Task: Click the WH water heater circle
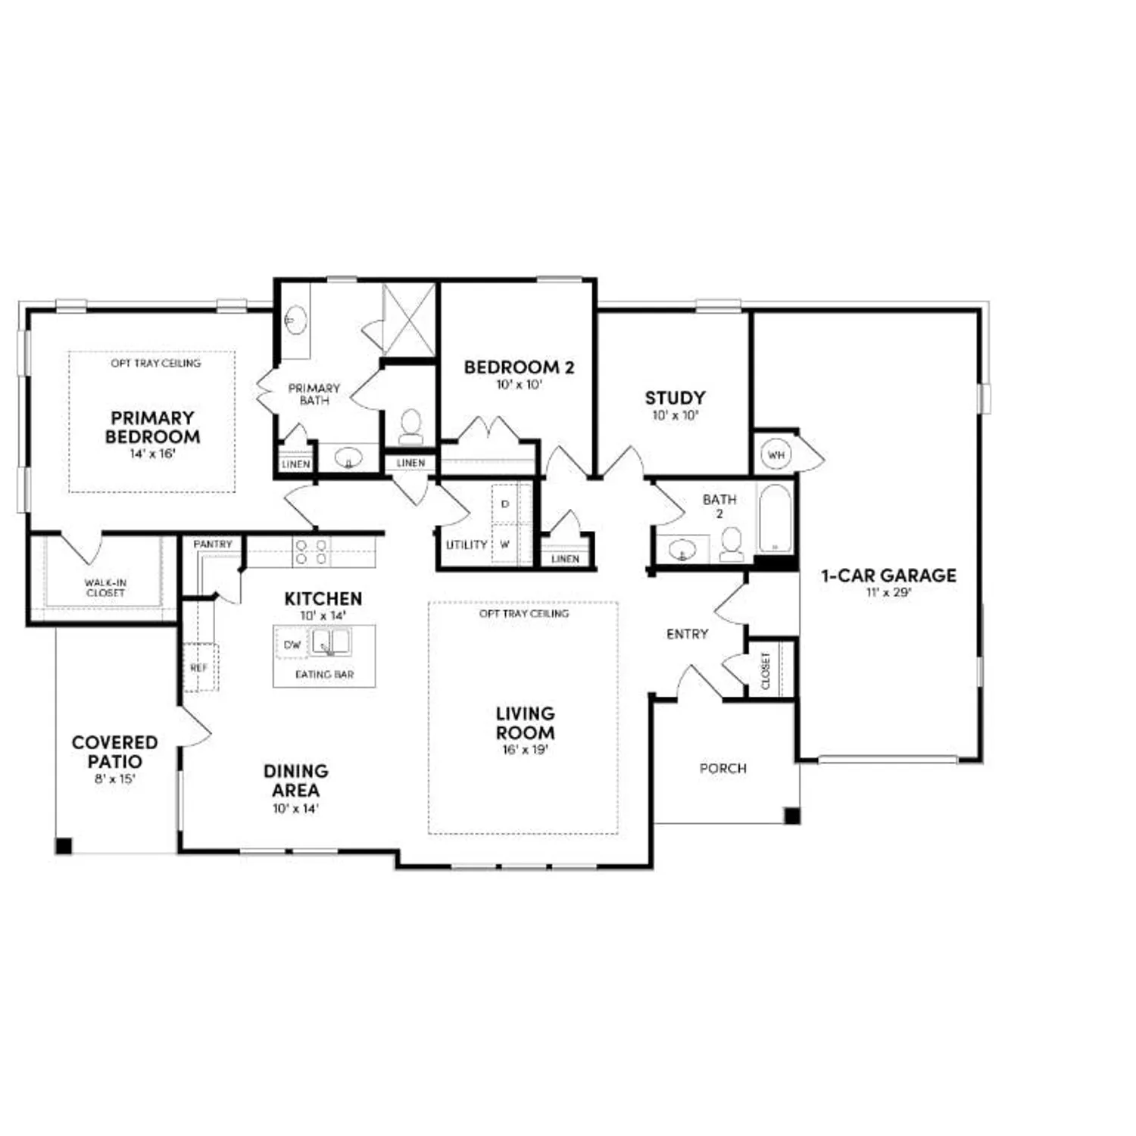(x=776, y=455)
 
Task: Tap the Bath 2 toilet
(x=732, y=544)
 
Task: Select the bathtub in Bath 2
(x=774, y=519)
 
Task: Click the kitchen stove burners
(x=311, y=551)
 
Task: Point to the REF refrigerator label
(x=199, y=668)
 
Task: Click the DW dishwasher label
(x=292, y=644)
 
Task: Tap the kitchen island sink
(x=331, y=643)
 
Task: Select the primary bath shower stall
(x=408, y=319)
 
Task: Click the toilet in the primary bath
(x=411, y=426)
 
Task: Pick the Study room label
(x=675, y=398)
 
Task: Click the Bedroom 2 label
(x=519, y=367)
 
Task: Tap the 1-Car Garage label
(x=888, y=576)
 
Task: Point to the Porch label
(x=722, y=769)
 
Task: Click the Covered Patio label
(x=114, y=752)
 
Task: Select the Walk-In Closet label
(x=105, y=588)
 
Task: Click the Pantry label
(x=212, y=545)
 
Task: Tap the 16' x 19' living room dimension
(x=525, y=751)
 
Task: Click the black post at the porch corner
(x=791, y=816)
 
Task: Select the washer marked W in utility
(x=504, y=545)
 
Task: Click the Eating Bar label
(x=324, y=674)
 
